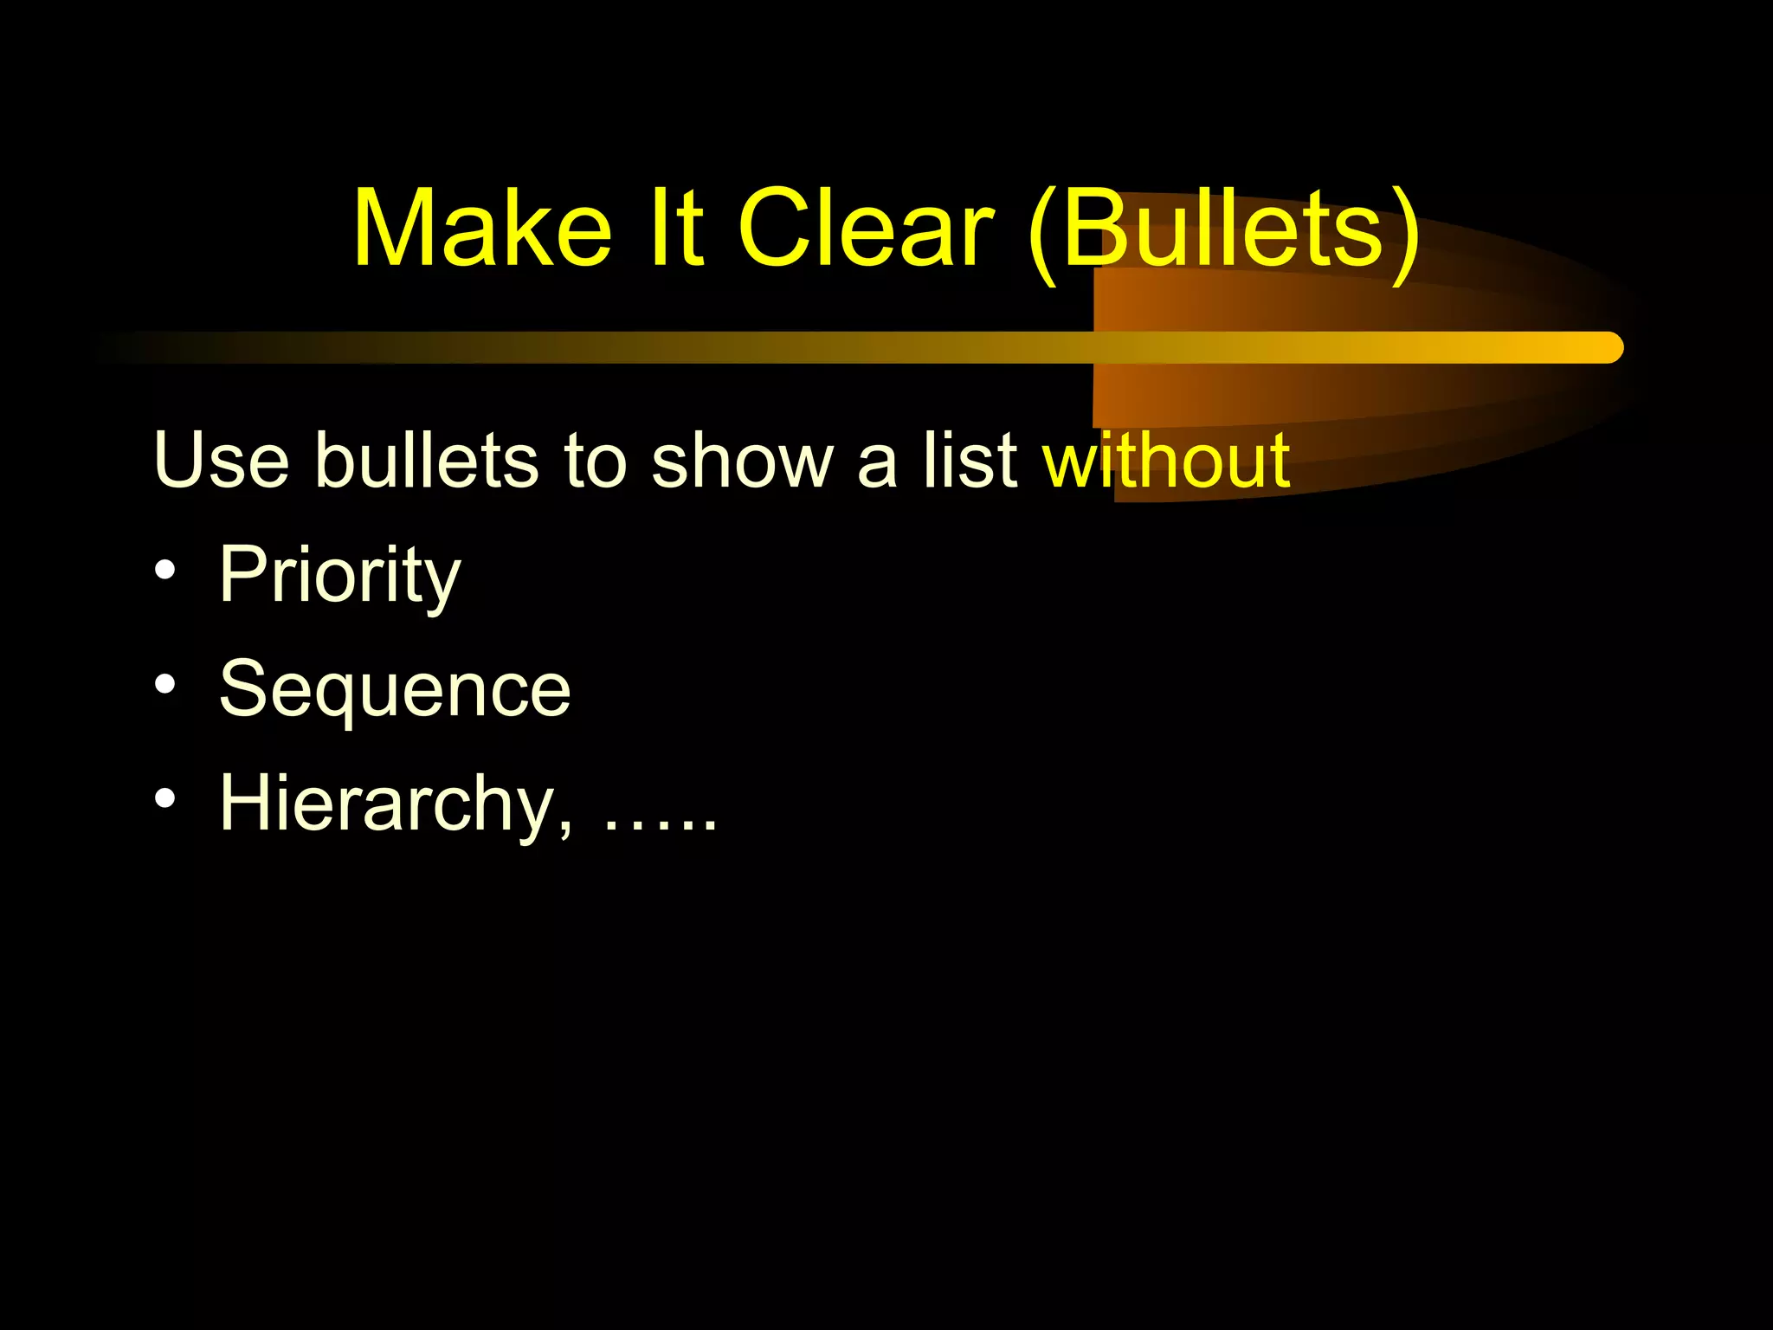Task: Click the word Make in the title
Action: (482, 229)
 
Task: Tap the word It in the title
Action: (675, 229)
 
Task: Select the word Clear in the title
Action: (865, 229)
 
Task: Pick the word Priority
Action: (339, 575)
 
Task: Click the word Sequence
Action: (395, 689)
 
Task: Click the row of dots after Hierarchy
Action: (660, 827)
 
